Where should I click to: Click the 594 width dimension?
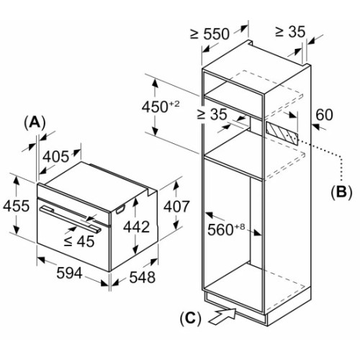click(69, 273)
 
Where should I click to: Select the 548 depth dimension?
click(143, 277)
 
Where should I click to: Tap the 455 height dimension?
click(16, 206)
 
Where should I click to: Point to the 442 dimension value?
click(136, 227)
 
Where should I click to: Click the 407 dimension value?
click(176, 207)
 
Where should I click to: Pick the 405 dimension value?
click(55, 157)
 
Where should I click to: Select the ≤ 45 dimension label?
click(79, 241)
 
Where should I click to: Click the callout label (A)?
click(35, 123)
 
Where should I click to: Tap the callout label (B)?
click(341, 192)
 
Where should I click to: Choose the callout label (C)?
click(191, 319)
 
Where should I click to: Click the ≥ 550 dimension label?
click(210, 34)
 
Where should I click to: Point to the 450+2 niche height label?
click(161, 107)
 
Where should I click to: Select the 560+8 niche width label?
click(226, 229)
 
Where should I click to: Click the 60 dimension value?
click(324, 114)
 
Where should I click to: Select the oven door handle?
click(70, 219)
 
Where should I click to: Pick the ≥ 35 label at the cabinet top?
click(290, 32)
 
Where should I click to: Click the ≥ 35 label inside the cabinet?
click(212, 114)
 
